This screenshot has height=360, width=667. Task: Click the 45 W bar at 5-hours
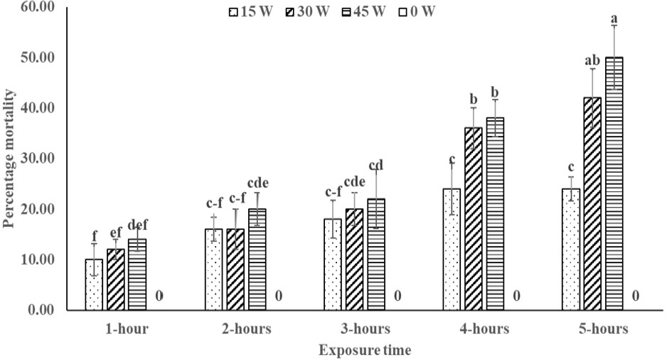pyautogui.click(x=614, y=184)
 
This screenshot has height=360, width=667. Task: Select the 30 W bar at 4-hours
pyautogui.click(x=474, y=218)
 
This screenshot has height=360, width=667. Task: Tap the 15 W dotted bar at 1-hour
pyautogui.click(x=94, y=285)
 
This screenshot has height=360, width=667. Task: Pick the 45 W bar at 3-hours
pyautogui.click(x=376, y=255)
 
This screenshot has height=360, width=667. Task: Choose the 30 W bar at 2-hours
pyautogui.click(x=235, y=270)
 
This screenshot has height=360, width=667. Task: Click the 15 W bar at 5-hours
pyautogui.click(x=571, y=249)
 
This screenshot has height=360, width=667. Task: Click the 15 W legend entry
pyautogui.click(x=250, y=11)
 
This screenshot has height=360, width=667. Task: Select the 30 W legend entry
pyautogui.click(x=307, y=11)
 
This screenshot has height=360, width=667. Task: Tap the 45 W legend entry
pyautogui.click(x=363, y=11)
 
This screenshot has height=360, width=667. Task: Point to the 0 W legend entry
pyautogui.click(x=417, y=11)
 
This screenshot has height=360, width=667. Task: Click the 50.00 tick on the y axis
pyautogui.click(x=38, y=57)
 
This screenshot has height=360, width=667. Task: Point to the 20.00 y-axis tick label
pyautogui.click(x=38, y=209)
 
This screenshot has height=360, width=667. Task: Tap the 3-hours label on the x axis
pyautogui.click(x=365, y=329)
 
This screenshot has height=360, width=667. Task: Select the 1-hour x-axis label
pyautogui.click(x=127, y=329)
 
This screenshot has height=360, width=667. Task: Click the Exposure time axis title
pyautogui.click(x=365, y=350)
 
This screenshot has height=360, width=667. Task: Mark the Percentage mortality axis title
pyautogui.click(x=9, y=159)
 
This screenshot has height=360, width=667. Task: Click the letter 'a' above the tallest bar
pyautogui.click(x=614, y=19)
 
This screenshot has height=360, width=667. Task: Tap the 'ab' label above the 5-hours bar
pyautogui.click(x=592, y=60)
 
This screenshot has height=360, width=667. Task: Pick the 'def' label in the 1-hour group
pyautogui.click(x=137, y=225)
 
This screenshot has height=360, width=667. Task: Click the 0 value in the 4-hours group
pyautogui.click(x=516, y=296)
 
